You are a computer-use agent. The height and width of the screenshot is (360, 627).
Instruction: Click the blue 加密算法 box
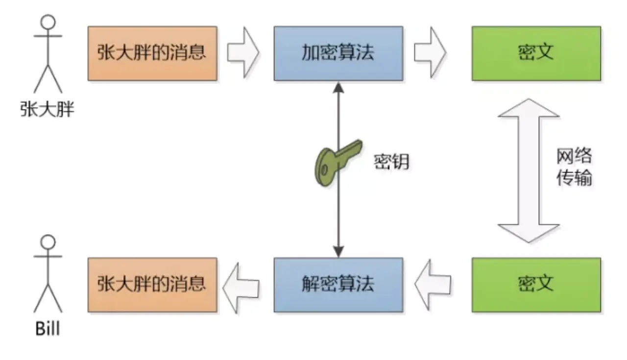[338, 53]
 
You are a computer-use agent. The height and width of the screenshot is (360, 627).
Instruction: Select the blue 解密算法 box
[338, 285]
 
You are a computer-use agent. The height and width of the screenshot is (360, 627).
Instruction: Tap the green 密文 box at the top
[536, 53]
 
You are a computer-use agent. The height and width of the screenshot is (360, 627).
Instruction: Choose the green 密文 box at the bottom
[536, 285]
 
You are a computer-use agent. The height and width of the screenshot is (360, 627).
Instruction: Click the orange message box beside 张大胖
[152, 53]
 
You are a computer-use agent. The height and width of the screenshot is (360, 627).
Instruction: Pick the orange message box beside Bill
[152, 285]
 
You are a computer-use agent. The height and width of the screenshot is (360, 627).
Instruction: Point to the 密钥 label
[391, 162]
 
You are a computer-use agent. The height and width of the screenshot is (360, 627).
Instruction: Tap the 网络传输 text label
[574, 167]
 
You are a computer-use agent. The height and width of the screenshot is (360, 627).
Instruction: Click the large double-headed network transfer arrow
[528, 170]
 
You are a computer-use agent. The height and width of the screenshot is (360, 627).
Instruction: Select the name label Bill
[48, 328]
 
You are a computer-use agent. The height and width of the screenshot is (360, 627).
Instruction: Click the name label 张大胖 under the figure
[48, 109]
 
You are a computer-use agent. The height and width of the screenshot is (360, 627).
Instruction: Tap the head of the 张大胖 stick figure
[48, 22]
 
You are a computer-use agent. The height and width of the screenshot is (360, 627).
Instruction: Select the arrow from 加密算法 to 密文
[430, 52]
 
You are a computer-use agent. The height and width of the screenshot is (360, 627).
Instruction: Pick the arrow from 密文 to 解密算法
[432, 284]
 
